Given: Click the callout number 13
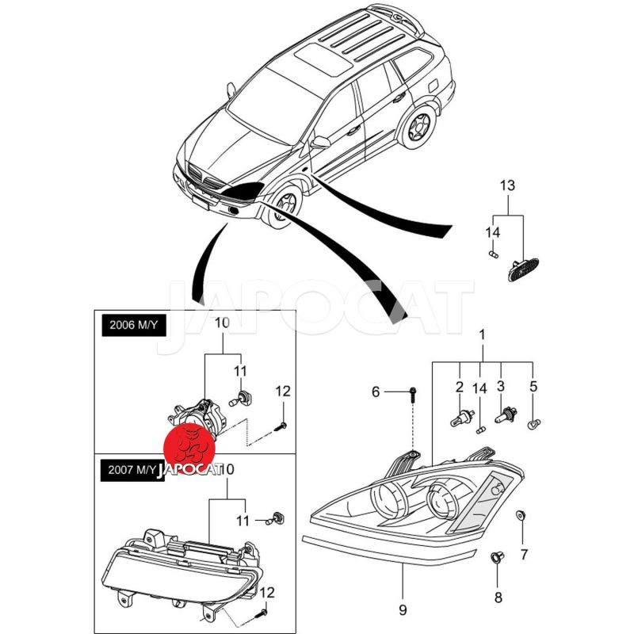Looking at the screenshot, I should (507, 185).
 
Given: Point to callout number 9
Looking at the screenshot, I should (402, 610).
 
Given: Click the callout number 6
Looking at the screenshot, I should (376, 391).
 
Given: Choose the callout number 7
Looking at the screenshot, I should (523, 555).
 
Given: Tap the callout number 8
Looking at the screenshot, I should (498, 595).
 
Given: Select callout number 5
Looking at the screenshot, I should (533, 387).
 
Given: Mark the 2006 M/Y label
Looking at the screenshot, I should (132, 327).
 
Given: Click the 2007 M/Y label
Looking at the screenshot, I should (132, 470).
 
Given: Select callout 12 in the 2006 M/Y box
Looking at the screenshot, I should (284, 391).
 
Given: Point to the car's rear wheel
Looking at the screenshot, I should (418, 126).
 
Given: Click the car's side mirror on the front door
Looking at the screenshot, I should (321, 143).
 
